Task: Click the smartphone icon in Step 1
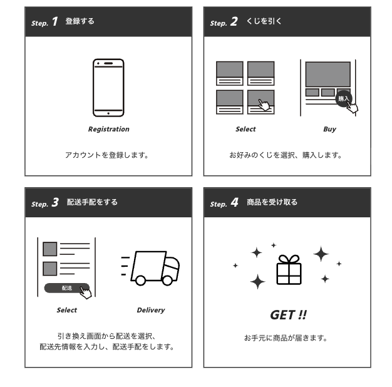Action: point(108,87)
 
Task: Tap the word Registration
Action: point(108,130)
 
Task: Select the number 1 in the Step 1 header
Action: point(54,22)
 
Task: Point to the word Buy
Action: point(329,130)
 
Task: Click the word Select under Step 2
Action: point(245,130)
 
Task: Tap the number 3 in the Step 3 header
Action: point(55,203)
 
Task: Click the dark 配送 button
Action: point(66,288)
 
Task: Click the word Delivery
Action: point(151,310)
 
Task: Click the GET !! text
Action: point(287,314)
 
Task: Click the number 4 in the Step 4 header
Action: point(234,203)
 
